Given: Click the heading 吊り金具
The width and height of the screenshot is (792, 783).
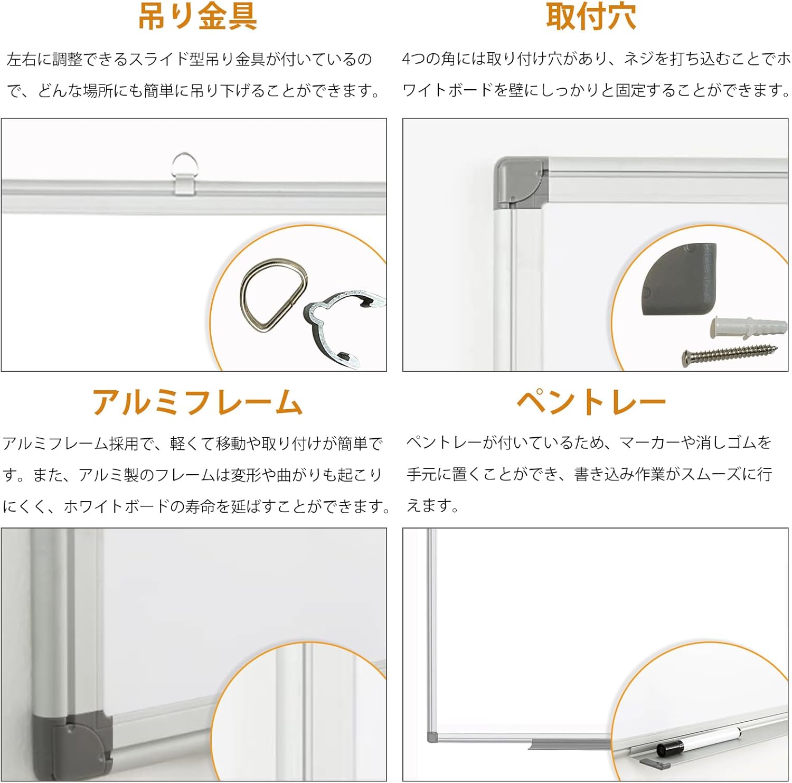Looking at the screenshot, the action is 198,16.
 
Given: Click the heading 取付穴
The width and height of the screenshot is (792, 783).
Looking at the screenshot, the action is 591,16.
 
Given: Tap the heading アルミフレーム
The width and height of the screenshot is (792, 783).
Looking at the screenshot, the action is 197,402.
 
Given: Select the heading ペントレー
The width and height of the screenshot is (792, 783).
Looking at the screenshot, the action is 591,402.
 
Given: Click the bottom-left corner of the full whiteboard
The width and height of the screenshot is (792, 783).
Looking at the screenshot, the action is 428,741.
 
